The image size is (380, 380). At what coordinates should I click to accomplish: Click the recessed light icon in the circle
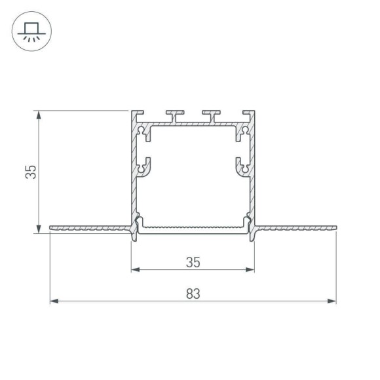tap(30, 31)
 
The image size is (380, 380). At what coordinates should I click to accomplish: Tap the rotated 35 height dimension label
tap(30, 172)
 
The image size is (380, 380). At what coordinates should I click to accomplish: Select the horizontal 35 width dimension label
tap(192, 262)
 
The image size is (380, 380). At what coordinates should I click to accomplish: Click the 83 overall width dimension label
tap(192, 294)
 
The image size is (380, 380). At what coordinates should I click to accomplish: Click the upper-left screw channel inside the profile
tap(143, 133)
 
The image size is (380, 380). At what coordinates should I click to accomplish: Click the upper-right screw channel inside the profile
tap(242, 133)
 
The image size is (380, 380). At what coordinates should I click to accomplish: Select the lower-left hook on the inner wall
tap(143, 166)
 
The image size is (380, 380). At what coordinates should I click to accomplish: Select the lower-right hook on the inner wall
tap(242, 166)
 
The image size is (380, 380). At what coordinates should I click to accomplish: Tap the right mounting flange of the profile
tap(295, 229)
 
